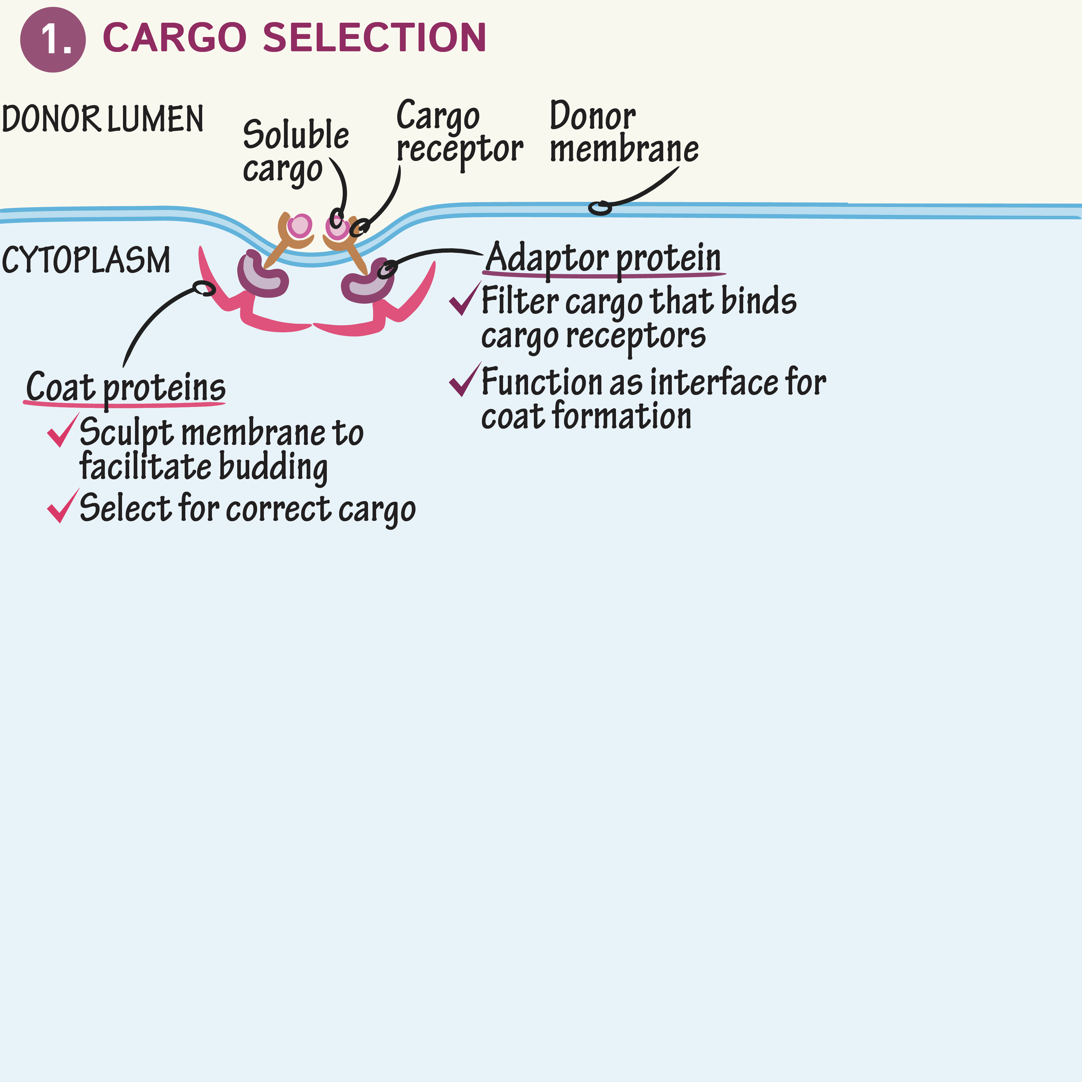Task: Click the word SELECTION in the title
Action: coord(374,38)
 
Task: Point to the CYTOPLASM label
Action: coord(86,260)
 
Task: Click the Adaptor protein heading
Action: coord(603,258)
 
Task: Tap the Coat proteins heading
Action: coord(126,387)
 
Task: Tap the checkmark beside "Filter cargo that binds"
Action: coord(464,299)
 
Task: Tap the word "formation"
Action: coord(621,417)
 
